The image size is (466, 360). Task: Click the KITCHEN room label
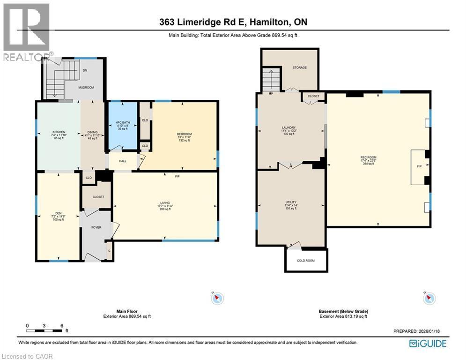pyautogui.click(x=59, y=132)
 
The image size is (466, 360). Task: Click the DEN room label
pyautogui.click(x=58, y=211)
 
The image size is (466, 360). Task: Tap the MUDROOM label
pyautogui.click(x=86, y=87)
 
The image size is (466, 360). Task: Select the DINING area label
pyautogui.click(x=92, y=132)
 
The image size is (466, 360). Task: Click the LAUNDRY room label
pyautogui.click(x=288, y=127)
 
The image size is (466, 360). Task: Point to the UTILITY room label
pyautogui.click(x=291, y=202)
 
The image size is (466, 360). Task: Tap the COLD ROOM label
pyautogui.click(x=306, y=260)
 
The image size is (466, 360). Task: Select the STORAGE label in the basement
pyautogui.click(x=299, y=67)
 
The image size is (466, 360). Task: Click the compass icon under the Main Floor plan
pyautogui.click(x=218, y=298)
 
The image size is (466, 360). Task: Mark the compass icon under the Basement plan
pyautogui.click(x=429, y=298)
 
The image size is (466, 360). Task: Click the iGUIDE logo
pyautogui.click(x=427, y=344)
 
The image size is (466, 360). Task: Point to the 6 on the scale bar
pyautogui.click(x=61, y=325)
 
